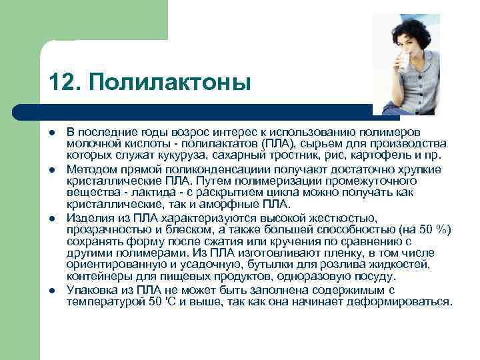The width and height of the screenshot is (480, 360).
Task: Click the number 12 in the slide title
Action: (60, 83)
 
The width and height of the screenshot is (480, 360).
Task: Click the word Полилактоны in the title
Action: (169, 83)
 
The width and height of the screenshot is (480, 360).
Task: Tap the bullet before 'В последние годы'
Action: (52, 132)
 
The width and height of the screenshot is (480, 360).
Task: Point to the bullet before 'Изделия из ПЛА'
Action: (52, 219)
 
